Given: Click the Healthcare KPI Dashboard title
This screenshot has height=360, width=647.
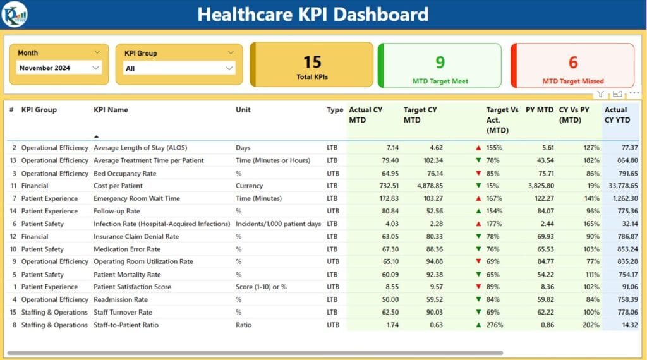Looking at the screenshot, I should (313, 15).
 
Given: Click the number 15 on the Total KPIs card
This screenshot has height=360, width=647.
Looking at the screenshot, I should (312, 61).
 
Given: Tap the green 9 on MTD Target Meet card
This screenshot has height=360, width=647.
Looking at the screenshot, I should (440, 62).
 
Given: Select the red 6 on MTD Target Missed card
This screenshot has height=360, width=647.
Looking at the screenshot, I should (572, 62).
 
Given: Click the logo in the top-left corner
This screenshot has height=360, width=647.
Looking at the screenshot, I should (13, 15).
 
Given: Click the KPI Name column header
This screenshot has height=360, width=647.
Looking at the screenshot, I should (111, 110).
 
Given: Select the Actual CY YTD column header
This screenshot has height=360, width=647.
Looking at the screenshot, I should (616, 115).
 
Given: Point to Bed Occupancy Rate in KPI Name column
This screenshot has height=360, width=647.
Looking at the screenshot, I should (125, 173).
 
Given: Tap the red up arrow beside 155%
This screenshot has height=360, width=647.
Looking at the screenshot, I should (478, 148).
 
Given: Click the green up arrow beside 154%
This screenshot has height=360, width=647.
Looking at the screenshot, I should (478, 211).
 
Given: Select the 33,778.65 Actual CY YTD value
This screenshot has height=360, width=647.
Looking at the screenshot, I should (621, 186).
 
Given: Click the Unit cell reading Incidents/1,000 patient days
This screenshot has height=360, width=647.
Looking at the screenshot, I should (278, 224).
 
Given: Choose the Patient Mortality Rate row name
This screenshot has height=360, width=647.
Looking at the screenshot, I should (127, 275).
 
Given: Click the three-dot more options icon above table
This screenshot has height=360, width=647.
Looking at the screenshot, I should (634, 93).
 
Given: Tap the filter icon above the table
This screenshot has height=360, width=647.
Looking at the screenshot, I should (600, 94).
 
